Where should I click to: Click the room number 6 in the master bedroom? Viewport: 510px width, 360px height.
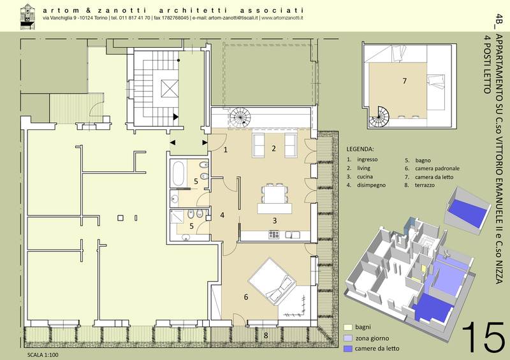pos(246,297)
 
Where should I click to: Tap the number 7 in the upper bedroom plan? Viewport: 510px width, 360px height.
pos(405,81)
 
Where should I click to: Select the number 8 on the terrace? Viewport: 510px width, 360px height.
pos(266,335)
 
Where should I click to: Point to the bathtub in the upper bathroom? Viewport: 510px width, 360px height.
pos(178,173)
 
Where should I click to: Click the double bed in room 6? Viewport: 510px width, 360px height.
pos(272,282)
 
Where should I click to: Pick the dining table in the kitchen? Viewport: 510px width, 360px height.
pos(275,194)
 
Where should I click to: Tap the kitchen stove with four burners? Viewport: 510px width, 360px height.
pos(274,234)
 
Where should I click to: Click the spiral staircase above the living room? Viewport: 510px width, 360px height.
pos(240,117)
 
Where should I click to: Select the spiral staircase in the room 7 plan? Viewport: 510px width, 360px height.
pos(379,118)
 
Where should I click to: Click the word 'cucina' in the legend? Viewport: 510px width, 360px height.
pos(365,176)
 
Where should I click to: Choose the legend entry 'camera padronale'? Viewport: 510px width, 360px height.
pos(437,168)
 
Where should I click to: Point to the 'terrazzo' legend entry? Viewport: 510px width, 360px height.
pos(425,185)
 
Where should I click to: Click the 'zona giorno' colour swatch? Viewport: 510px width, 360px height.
pos(348,338)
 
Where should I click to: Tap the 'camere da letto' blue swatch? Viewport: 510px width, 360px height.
pos(348,349)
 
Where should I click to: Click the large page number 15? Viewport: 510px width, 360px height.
pos(484,336)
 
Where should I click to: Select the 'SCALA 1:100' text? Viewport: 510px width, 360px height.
pos(43,355)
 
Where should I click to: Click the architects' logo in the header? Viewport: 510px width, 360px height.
pos(27,17)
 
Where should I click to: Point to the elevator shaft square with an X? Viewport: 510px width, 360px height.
pos(170,89)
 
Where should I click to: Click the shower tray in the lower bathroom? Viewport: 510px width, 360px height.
pos(177,217)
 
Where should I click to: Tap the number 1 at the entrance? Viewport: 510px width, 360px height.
pos(226,150)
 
